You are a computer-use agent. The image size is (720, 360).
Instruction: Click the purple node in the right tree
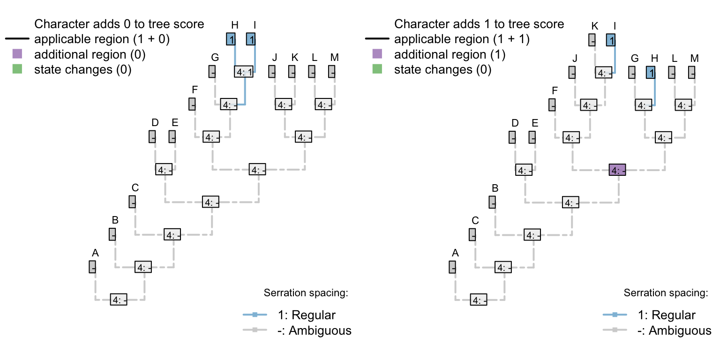617,170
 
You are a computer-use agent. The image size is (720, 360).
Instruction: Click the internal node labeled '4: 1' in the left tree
244,72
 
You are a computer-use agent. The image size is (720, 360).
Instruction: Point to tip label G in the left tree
215,58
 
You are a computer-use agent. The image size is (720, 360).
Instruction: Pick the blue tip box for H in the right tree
650,73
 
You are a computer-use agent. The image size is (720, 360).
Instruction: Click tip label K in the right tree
595,25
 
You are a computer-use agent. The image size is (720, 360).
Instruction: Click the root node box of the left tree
119,300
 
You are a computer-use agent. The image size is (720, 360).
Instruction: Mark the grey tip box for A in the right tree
452,267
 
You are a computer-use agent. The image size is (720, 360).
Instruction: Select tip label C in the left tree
135,187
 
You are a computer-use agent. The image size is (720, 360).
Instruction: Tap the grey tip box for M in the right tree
691,73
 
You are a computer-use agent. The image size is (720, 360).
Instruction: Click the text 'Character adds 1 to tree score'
479,24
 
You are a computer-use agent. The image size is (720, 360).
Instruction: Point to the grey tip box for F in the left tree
192,105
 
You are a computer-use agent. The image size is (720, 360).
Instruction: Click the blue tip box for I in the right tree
610,40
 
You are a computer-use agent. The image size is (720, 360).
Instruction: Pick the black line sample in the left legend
17,39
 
